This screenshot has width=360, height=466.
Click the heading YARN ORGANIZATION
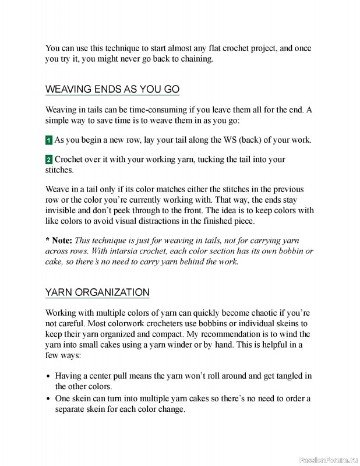click(x=97, y=292)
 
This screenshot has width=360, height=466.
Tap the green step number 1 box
click(x=49, y=140)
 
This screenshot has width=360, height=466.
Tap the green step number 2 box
click(x=49, y=160)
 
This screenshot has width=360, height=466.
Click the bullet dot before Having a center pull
click(x=48, y=376)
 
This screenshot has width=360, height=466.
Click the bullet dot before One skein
click(x=48, y=398)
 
